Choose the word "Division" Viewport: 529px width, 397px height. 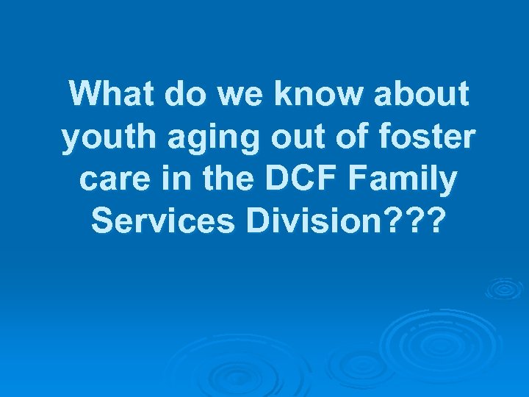click(x=314, y=222)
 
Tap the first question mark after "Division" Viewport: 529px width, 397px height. click(x=392, y=222)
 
